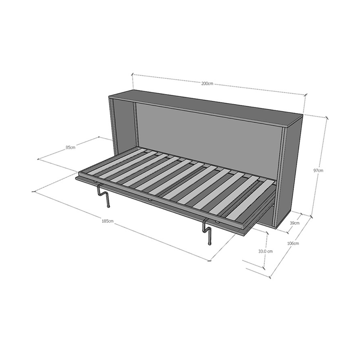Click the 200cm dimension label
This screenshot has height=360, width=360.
[207, 83]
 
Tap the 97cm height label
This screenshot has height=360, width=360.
[319, 171]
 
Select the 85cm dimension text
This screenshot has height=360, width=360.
[70, 147]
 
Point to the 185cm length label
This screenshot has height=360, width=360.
[108, 221]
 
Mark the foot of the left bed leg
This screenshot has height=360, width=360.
[108, 207]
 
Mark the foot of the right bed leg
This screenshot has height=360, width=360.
[209, 244]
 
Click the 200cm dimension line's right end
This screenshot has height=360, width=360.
[306, 94]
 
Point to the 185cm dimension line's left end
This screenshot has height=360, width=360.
[33, 192]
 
